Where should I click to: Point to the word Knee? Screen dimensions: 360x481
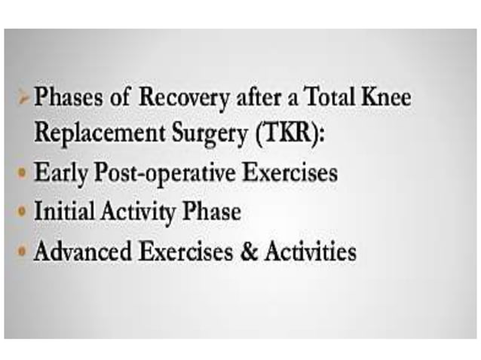[x=384, y=98]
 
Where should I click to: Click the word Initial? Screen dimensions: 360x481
[x=63, y=212]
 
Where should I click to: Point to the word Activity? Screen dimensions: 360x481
[x=138, y=212]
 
